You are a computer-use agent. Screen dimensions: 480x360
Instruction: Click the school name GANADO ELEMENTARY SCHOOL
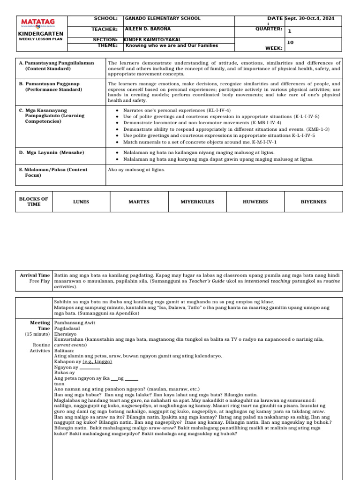(x=162, y=18)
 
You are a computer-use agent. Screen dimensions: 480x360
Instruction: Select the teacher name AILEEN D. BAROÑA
(x=150, y=29)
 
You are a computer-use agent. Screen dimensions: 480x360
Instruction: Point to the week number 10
(x=290, y=42)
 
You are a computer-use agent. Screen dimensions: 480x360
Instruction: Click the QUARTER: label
(x=269, y=29)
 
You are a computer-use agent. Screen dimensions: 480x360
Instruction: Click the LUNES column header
(x=81, y=202)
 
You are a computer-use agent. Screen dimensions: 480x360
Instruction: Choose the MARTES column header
(x=139, y=202)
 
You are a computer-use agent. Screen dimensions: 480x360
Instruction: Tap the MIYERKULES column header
(x=197, y=202)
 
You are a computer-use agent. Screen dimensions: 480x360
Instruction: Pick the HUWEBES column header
(x=255, y=202)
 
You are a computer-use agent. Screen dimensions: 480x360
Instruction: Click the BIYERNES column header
(x=314, y=202)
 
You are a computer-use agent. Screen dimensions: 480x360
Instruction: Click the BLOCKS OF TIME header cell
(x=34, y=202)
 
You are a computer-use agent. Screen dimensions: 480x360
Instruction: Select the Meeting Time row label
(x=40, y=326)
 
